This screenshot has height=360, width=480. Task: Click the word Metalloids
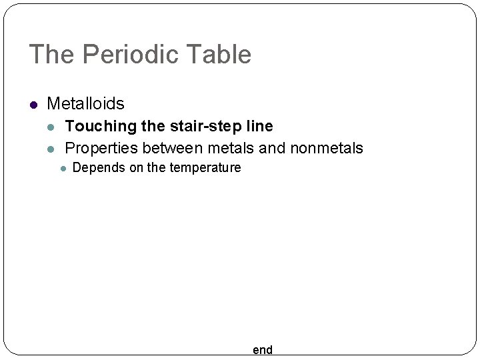(x=85, y=104)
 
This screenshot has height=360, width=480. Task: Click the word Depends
(x=99, y=167)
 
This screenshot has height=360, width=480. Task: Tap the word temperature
(x=205, y=167)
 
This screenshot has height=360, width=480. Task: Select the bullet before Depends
(x=62, y=168)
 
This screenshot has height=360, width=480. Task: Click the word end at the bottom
(x=263, y=350)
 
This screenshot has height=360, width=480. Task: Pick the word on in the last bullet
(x=136, y=167)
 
